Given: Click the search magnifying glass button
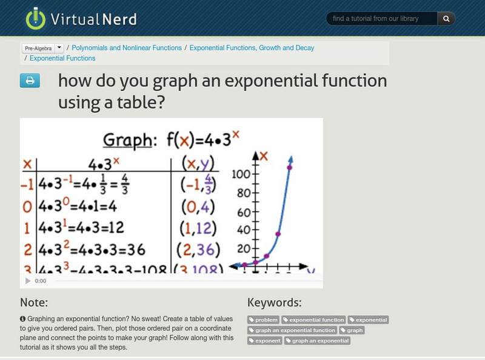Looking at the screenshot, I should coord(446,19).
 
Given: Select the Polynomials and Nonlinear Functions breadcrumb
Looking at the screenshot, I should coord(127,48).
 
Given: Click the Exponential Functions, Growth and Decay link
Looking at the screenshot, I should coord(252,48).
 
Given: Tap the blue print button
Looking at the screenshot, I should coord(30,81).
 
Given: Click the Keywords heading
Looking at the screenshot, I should coord(274,302).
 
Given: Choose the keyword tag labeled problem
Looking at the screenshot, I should coord(264,320).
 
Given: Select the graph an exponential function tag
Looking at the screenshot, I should coord(292,330).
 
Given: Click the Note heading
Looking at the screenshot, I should coord(34,302).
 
